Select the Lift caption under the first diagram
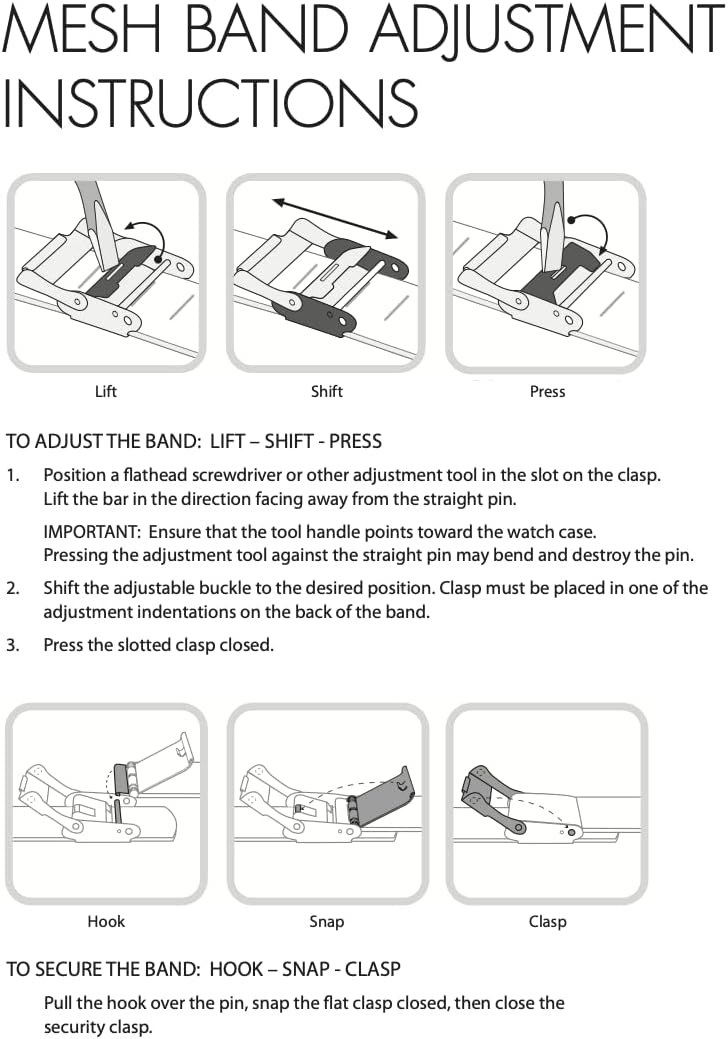[106, 391]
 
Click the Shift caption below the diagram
[327, 391]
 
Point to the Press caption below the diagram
[547, 391]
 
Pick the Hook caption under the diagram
[106, 921]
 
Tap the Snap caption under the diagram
[327, 921]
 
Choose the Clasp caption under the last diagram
[547, 921]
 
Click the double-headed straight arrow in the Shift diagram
[335, 217]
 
